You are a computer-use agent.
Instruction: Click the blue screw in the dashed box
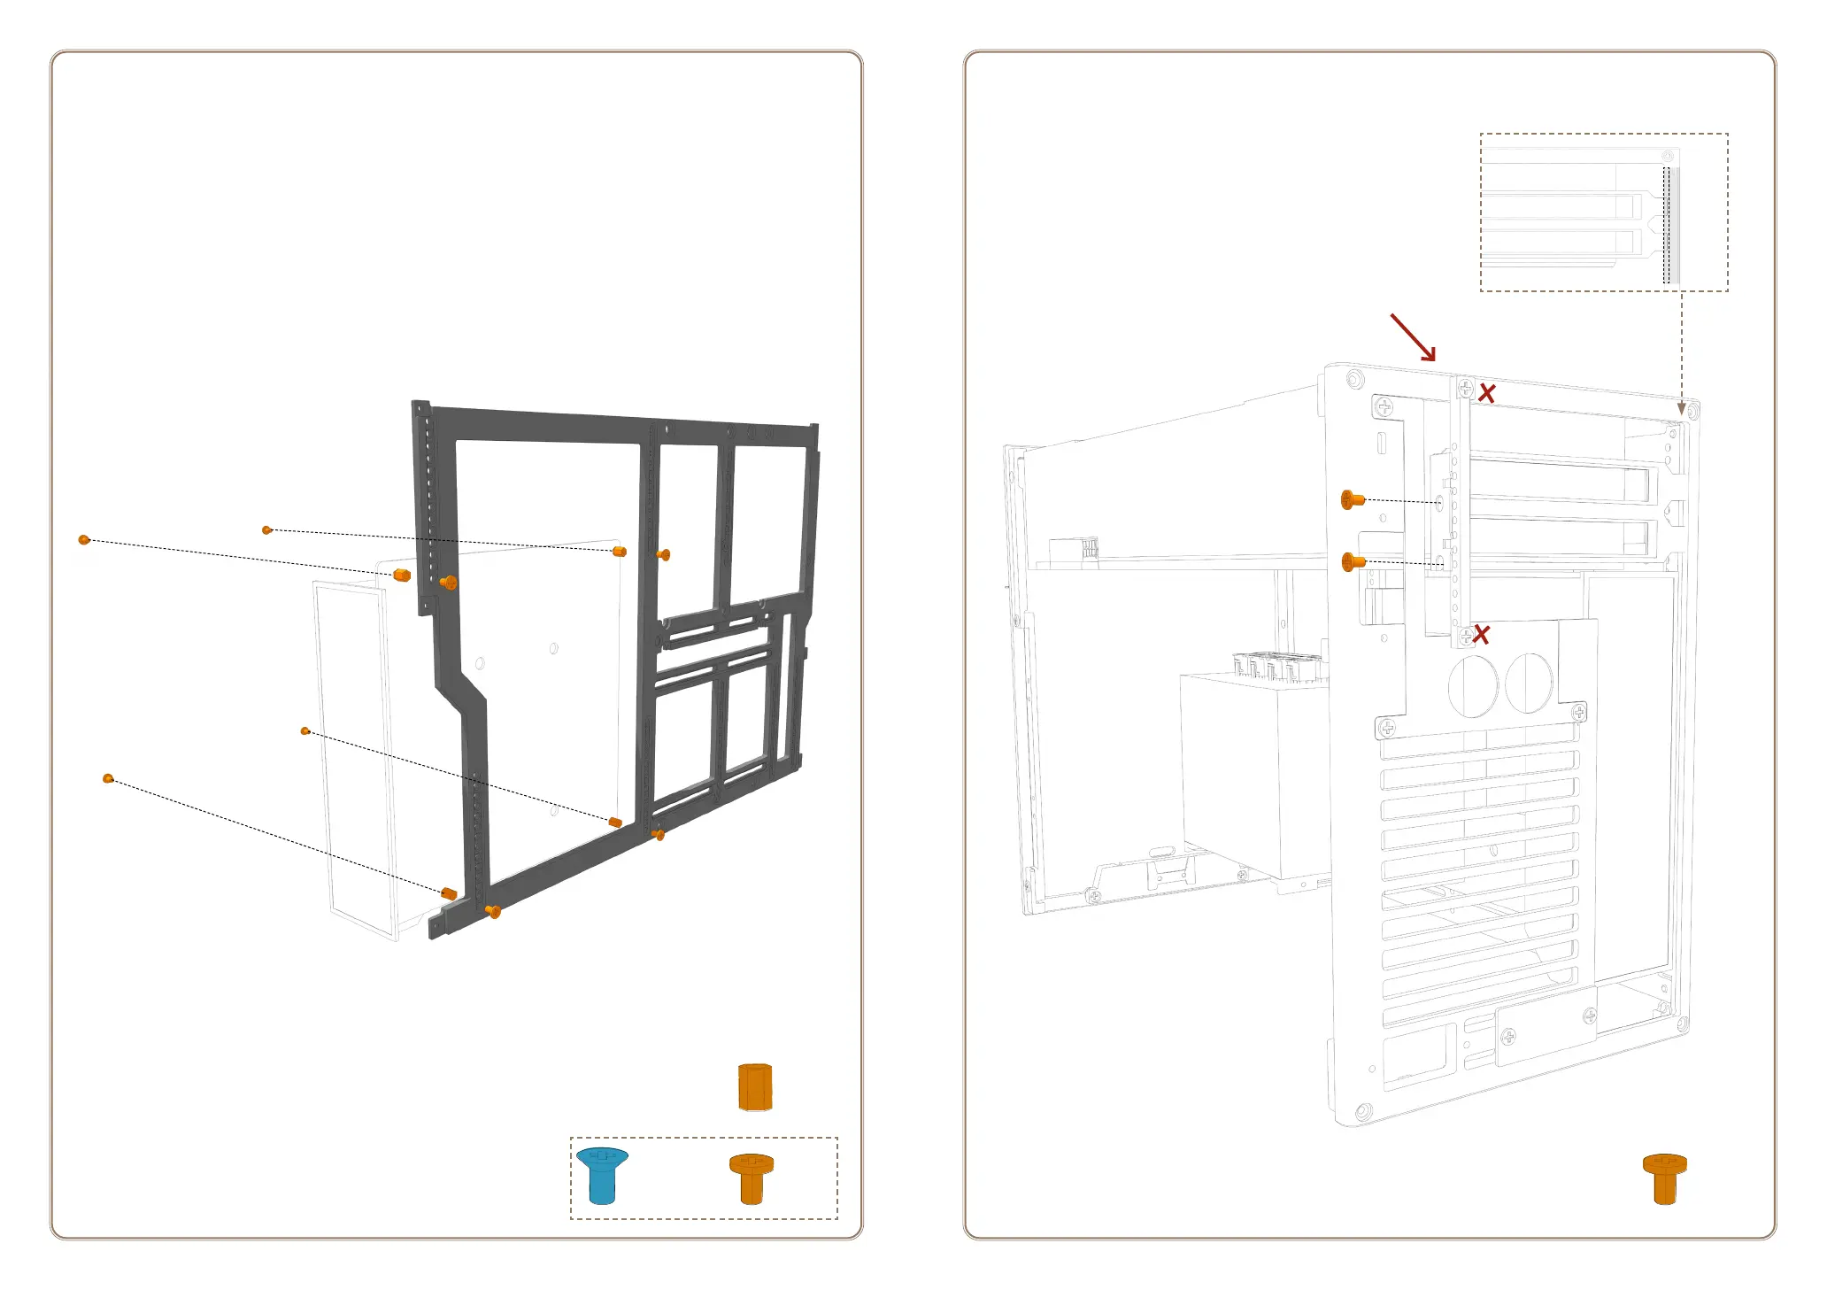(602, 1175)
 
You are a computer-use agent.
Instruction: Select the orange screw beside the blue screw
(752, 1178)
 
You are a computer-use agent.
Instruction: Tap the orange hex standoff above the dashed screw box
(755, 1087)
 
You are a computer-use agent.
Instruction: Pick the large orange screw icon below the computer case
(1664, 1178)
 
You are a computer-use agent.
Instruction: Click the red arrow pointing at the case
(1413, 337)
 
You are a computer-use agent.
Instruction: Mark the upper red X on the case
(1487, 394)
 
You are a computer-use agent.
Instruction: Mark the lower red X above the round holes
(1481, 635)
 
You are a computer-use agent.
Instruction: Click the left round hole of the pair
(1473, 685)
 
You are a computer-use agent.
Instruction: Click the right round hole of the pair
(1529, 682)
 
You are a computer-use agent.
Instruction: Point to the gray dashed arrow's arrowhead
(1682, 409)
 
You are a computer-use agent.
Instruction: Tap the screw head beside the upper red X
(1466, 389)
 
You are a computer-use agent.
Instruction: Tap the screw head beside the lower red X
(1466, 635)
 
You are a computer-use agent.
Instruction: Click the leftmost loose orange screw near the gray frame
(84, 539)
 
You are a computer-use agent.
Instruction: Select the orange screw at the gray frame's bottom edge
(494, 911)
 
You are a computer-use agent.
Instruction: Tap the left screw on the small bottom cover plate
(1508, 1036)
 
